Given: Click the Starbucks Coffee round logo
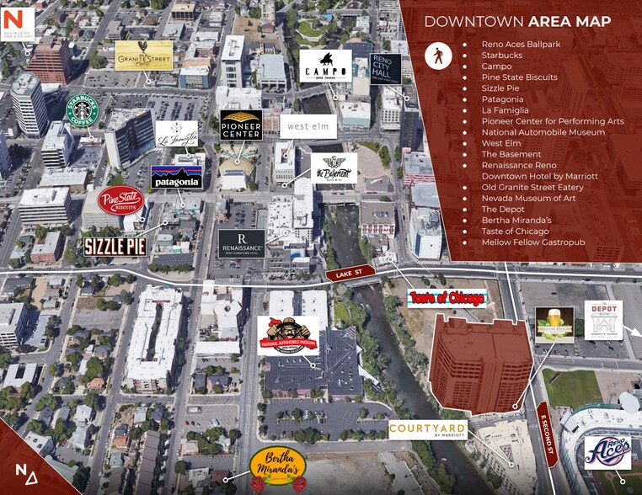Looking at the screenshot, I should [83, 111].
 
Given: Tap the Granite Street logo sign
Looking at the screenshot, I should [143, 56].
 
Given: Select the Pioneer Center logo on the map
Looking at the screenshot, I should [241, 125].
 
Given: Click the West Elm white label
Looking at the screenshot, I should [308, 126].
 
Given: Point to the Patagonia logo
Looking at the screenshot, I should [176, 177].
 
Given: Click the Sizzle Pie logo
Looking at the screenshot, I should [115, 247].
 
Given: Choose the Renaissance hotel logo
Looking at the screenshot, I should [243, 243].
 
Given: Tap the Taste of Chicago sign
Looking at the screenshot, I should [447, 298].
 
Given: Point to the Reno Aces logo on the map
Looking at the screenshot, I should [607, 453].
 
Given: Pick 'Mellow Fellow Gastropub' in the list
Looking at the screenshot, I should [532, 242].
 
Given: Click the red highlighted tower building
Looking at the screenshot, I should [479, 364].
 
